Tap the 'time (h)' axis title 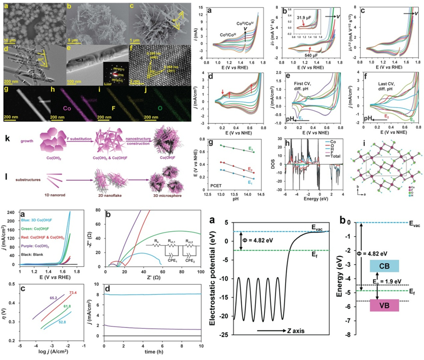click(151, 354)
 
